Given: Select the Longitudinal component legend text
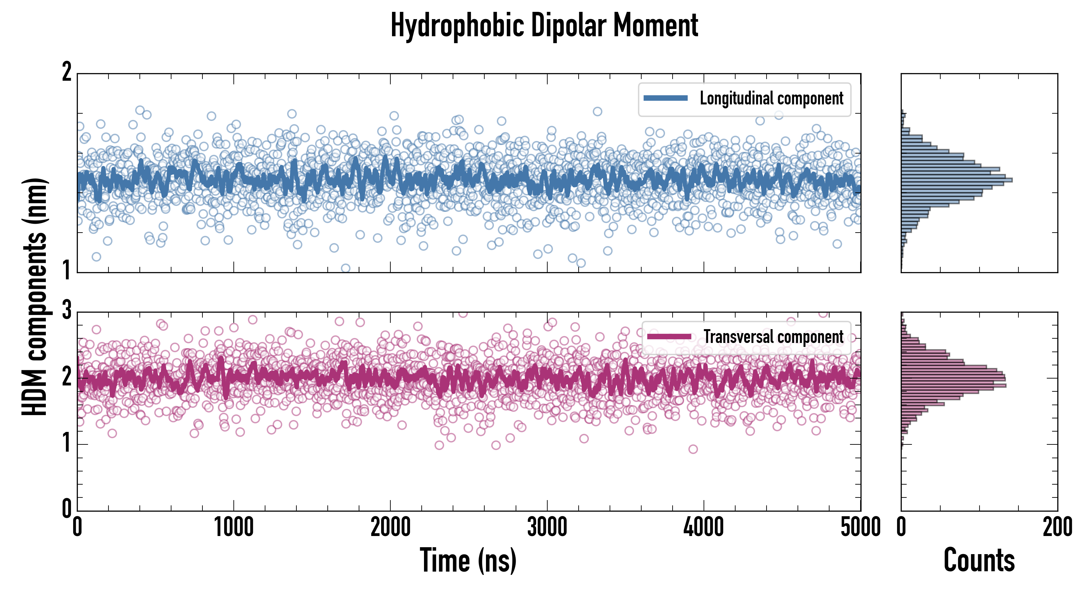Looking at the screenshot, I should coord(771,99).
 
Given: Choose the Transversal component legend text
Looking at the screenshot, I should coord(773,337).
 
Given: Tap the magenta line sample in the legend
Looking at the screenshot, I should coord(669,337).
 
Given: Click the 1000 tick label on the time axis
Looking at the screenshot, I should coord(233,527).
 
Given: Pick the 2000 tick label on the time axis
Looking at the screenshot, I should coord(390,527).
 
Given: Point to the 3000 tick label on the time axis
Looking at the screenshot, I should coord(547,527).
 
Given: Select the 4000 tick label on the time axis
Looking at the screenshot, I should coord(704,527).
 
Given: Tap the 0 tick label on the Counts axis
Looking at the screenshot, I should coord(901,527).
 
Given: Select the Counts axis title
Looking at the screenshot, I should coord(979,560).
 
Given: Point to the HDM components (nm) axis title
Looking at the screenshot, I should coord(35,297).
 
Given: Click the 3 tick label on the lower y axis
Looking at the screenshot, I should coord(67,310).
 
